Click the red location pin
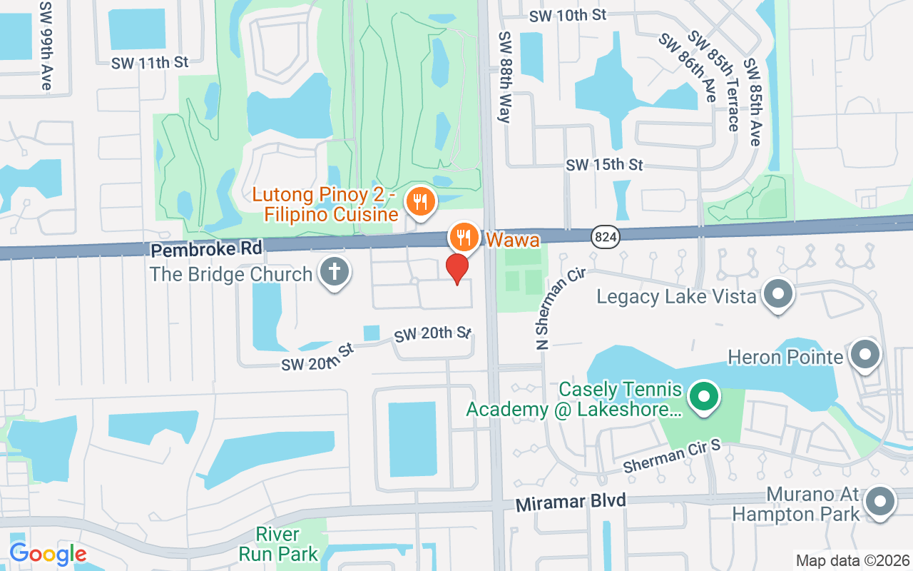pyautogui.click(x=457, y=268)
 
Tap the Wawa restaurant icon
pyautogui.click(x=464, y=236)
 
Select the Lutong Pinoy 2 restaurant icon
pyautogui.click(x=420, y=201)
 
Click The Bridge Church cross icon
pyautogui.click(x=333, y=272)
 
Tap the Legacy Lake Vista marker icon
pyautogui.click(x=778, y=294)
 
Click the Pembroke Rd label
pyautogui.click(x=207, y=248)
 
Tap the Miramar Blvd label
pyautogui.click(x=571, y=502)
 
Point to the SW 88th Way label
pyautogui.click(x=505, y=77)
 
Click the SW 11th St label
pyautogui.click(x=150, y=63)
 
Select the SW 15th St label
pyautogui.click(x=604, y=165)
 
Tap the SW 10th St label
pyautogui.click(x=568, y=15)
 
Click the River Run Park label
pyautogui.click(x=279, y=544)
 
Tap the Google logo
pyautogui.click(x=48, y=554)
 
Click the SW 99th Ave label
pyautogui.click(x=46, y=45)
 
